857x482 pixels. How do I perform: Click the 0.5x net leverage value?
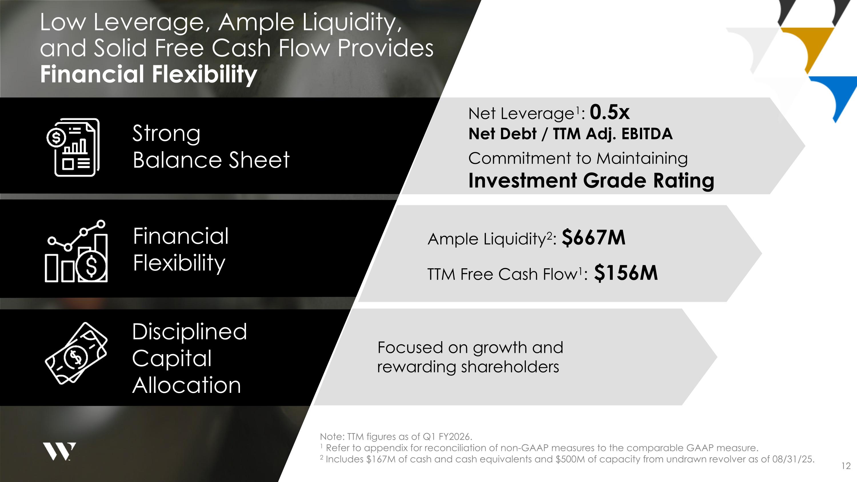[x=610, y=113]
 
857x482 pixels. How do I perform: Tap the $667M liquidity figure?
[x=594, y=238]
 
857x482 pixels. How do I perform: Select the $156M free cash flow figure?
[x=626, y=273]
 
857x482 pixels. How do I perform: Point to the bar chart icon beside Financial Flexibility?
[x=77, y=251]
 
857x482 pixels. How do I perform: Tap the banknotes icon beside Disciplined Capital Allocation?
[x=76, y=353]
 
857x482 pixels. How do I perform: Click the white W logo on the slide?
[x=59, y=451]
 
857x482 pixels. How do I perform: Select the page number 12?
[x=846, y=466]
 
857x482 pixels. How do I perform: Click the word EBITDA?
[x=647, y=134]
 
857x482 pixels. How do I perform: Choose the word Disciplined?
[x=190, y=332]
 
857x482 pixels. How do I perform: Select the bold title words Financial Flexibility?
[x=148, y=74]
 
